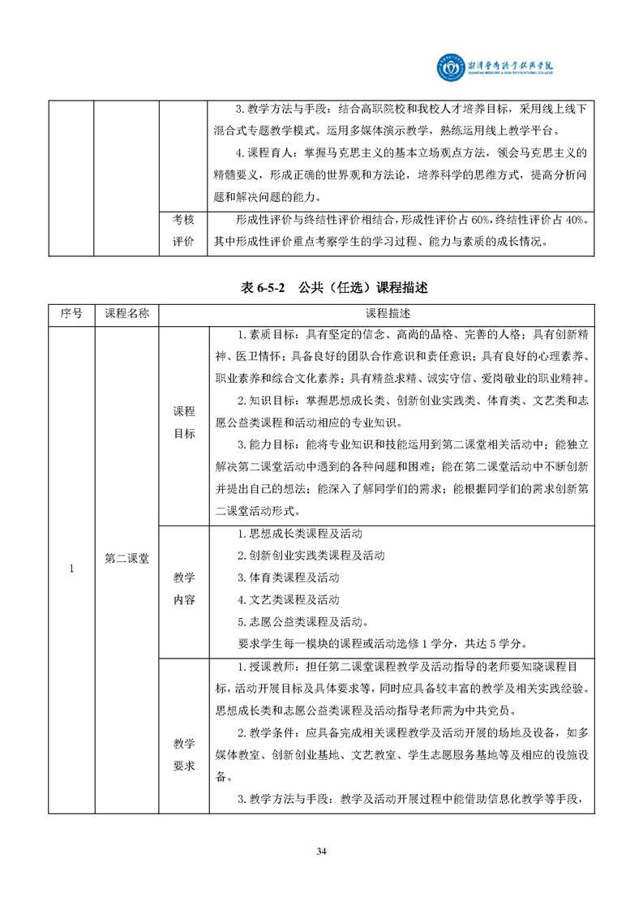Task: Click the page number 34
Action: (321, 851)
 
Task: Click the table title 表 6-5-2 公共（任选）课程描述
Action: (321, 287)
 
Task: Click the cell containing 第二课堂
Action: (126, 558)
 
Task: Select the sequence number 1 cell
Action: (71, 569)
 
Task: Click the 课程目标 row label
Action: (184, 423)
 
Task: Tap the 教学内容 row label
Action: (184, 589)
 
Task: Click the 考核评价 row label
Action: (184, 230)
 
